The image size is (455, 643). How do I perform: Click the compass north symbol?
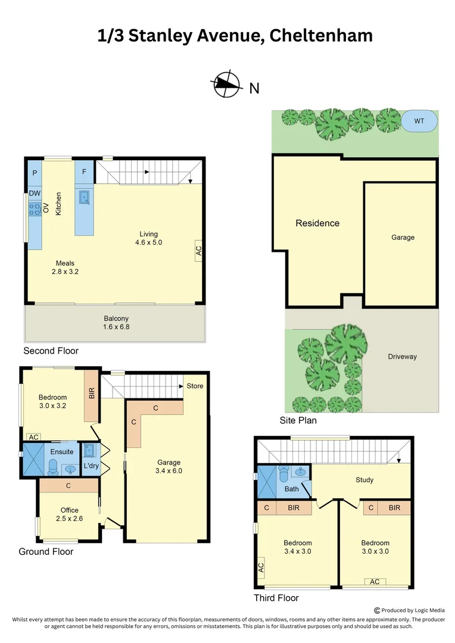227,85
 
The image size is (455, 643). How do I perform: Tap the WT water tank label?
419,121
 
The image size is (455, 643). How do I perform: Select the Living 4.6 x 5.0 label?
149,238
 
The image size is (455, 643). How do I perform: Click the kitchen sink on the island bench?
84,196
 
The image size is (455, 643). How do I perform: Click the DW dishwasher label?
35,193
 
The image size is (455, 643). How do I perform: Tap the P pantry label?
35,173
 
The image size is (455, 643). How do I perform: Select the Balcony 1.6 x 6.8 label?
116,322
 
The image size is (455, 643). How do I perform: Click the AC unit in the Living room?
198,251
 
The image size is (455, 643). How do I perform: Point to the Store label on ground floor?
195,386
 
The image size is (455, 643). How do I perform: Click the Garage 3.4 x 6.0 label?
169,466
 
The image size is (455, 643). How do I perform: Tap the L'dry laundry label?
91,466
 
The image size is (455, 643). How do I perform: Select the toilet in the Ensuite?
52,467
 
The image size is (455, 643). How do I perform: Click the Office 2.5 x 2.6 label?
69,514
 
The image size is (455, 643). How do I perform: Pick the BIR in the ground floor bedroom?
91,394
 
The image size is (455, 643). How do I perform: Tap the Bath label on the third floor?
292,489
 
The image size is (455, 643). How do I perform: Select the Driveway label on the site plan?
403,357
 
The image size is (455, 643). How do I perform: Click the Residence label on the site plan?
317,223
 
